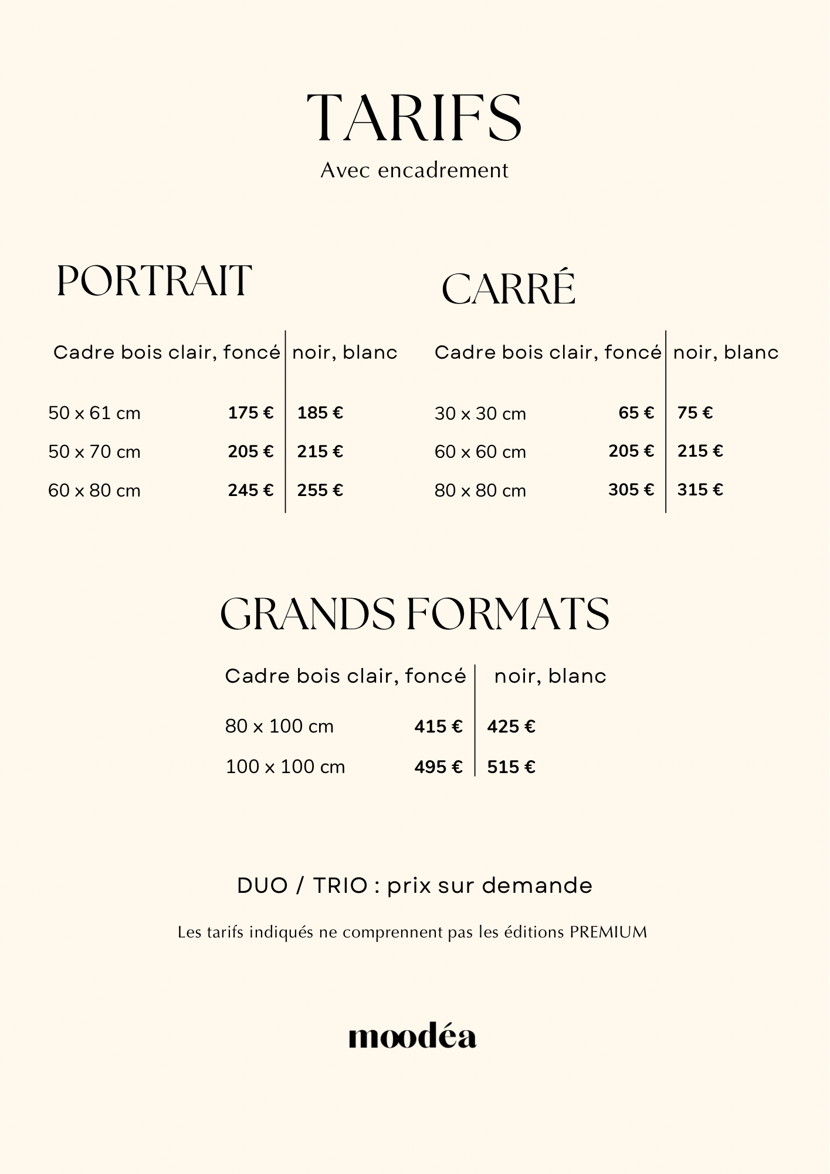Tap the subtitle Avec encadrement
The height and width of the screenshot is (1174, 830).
414,170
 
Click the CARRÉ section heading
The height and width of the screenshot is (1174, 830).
508,289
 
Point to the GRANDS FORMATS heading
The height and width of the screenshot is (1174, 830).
414,614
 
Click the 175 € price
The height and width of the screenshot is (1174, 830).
250,413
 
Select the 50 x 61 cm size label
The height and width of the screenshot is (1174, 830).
94,413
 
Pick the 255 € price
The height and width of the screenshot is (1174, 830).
320,490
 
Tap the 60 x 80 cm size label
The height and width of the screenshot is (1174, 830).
94,490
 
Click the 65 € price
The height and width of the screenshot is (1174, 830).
636,413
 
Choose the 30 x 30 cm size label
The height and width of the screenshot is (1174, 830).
480,414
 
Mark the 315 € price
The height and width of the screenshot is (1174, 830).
700,489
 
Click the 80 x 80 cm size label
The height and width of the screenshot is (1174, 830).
480,490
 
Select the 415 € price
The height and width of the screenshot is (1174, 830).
438,727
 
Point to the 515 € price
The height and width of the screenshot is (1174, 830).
511,767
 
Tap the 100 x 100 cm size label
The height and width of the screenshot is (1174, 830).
285,767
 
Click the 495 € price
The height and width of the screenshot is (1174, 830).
438,767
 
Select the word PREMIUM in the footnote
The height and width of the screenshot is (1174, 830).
608,932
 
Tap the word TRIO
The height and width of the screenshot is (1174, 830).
340,886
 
